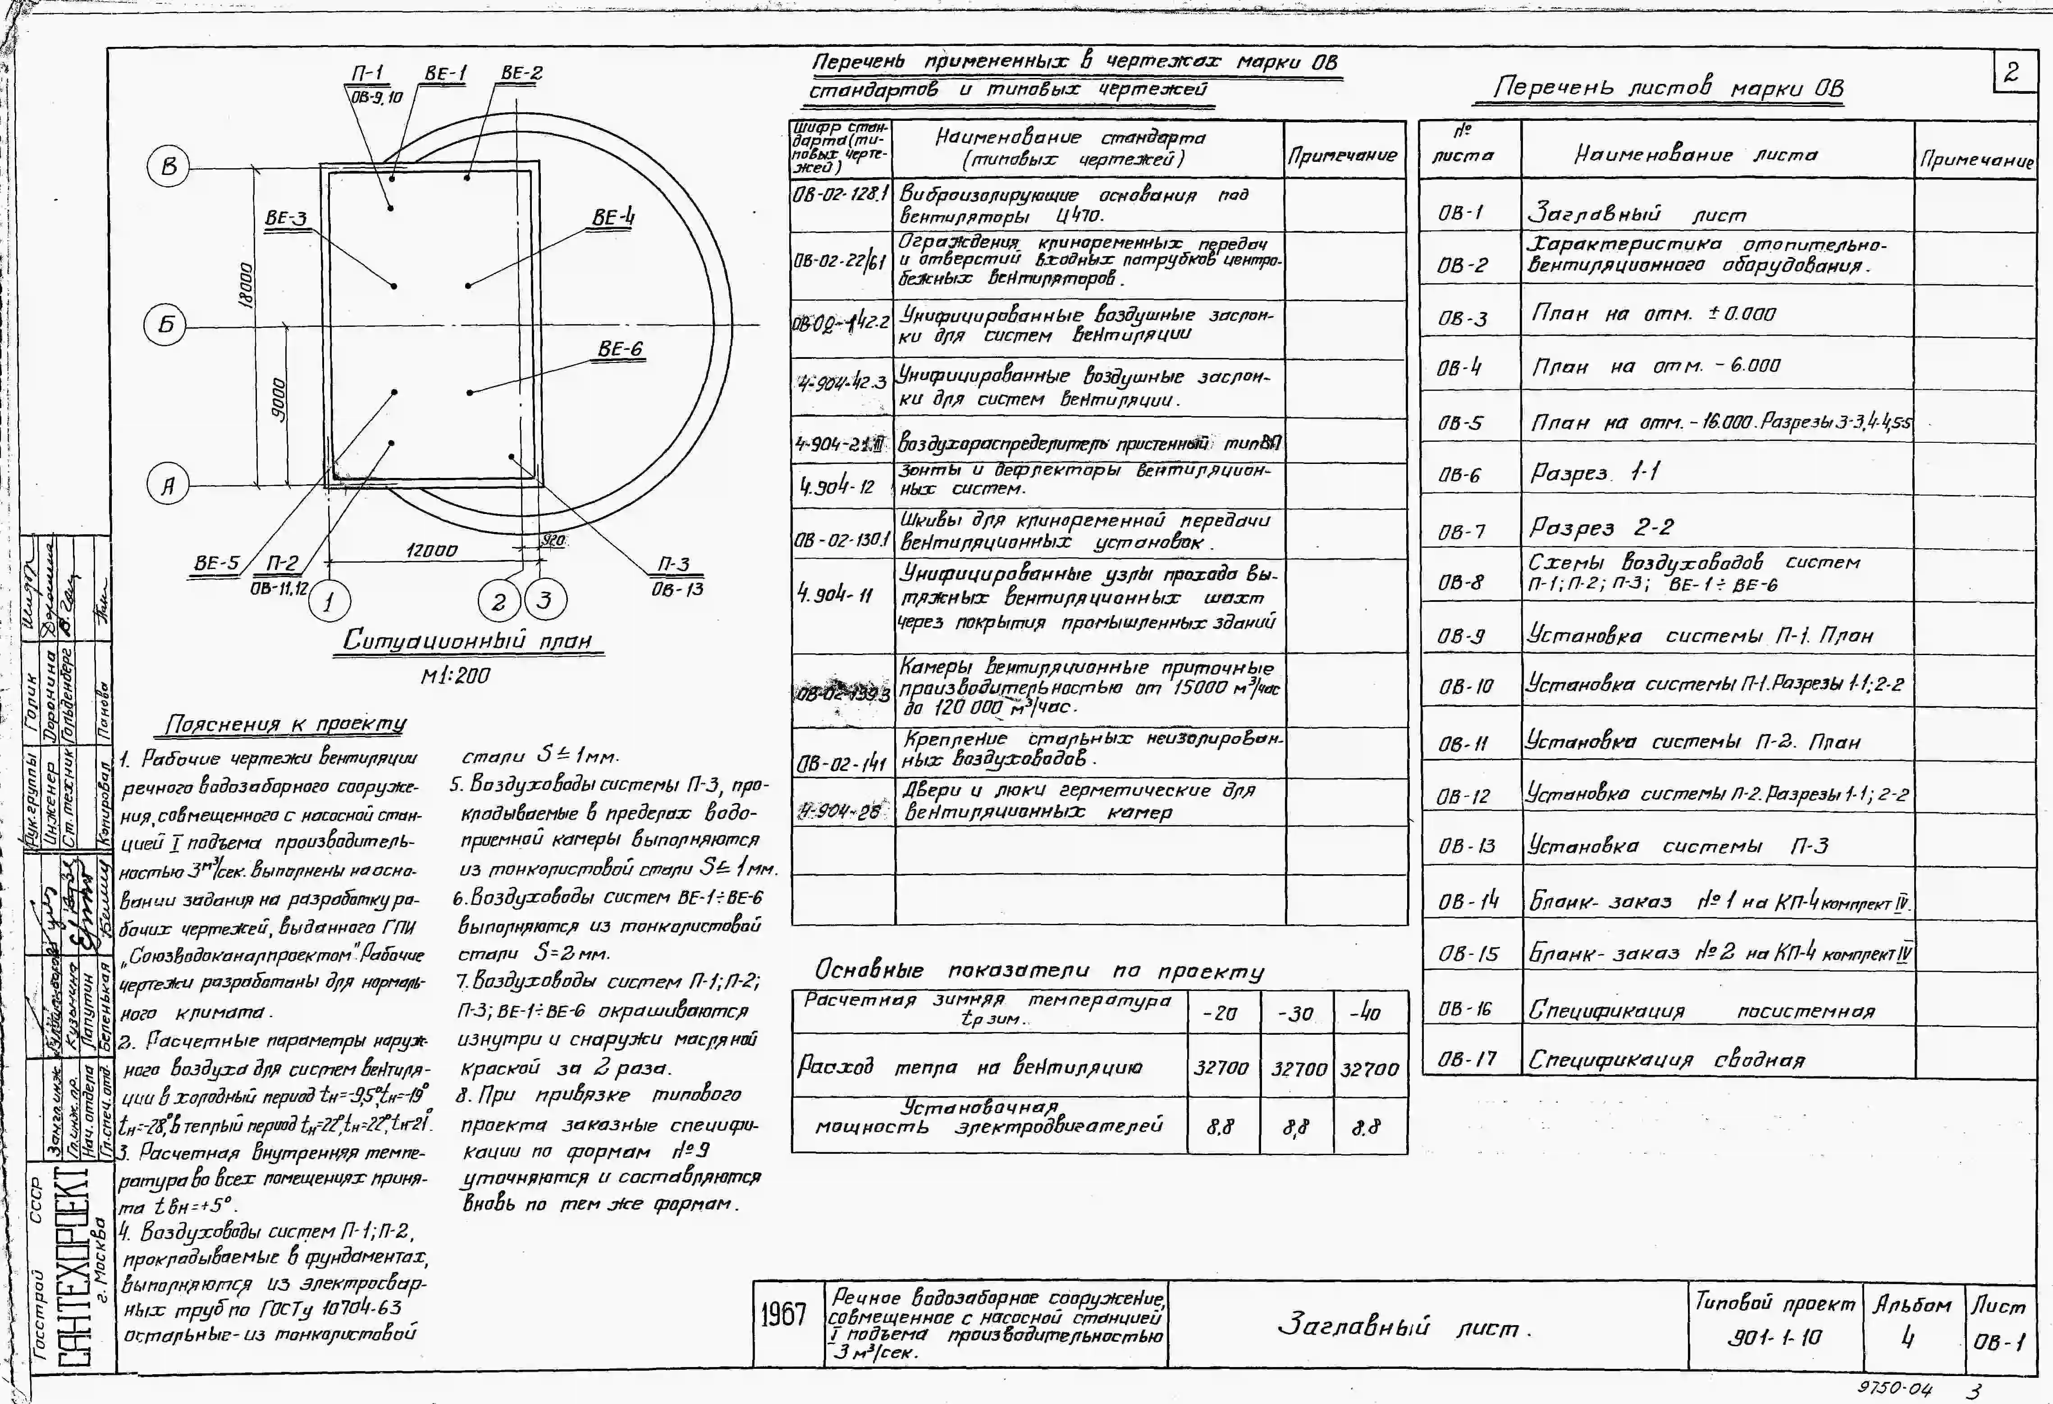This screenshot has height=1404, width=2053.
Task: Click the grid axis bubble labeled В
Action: (x=168, y=167)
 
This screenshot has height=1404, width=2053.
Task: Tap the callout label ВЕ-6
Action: (x=620, y=349)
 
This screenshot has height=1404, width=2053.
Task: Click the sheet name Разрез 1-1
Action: (x=1595, y=473)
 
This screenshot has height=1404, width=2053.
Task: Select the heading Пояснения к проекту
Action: (x=284, y=725)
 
